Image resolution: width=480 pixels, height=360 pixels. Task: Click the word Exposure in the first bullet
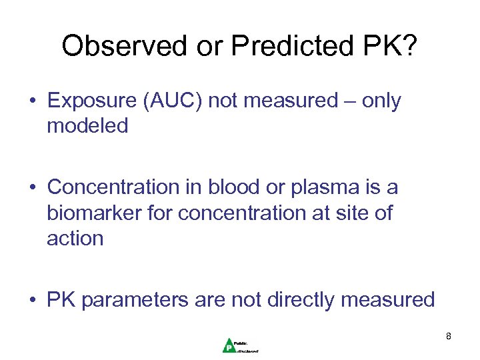pyautogui.click(x=92, y=101)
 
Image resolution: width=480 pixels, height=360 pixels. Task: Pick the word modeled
pyautogui.click(x=87, y=126)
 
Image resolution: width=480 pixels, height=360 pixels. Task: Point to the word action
pyautogui.click(x=75, y=238)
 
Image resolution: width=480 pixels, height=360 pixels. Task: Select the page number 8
pyautogui.click(x=449, y=336)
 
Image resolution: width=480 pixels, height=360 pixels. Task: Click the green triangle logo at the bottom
pyautogui.click(x=229, y=345)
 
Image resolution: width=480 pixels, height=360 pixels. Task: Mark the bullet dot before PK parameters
pyautogui.click(x=33, y=301)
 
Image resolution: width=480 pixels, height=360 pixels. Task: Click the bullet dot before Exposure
pyautogui.click(x=33, y=101)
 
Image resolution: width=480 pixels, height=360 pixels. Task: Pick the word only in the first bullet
pyautogui.click(x=381, y=101)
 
